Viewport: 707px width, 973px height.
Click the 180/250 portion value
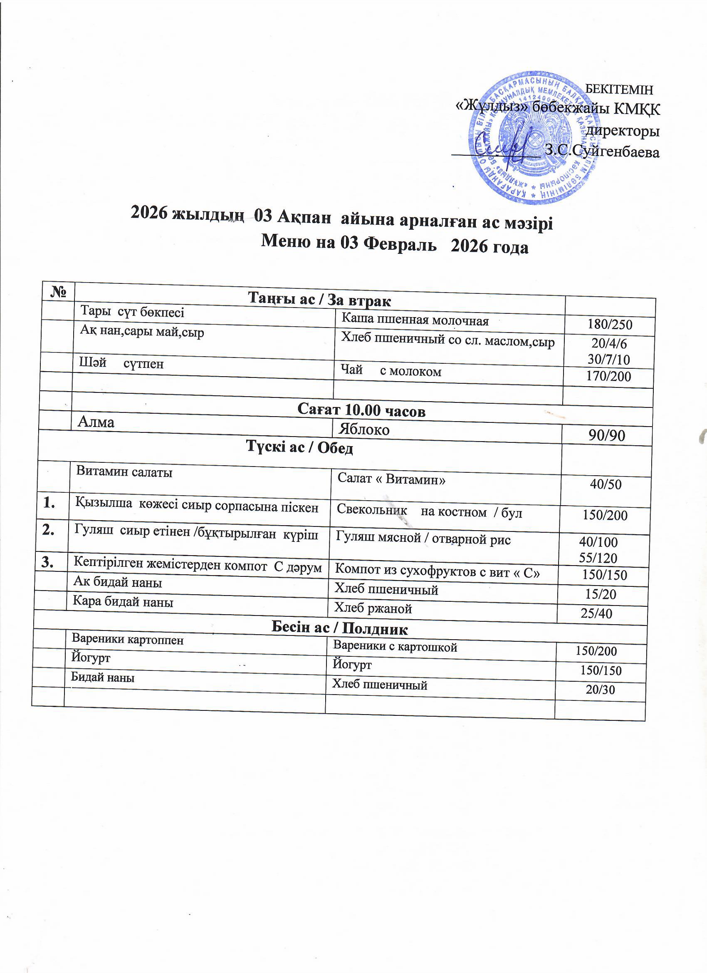pos(610,324)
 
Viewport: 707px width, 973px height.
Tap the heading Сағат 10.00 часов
pos(361,411)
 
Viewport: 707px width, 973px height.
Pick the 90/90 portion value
pos(606,435)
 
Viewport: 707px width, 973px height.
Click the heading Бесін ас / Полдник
pos(339,629)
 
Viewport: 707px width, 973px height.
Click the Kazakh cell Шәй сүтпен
pos(121,364)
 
